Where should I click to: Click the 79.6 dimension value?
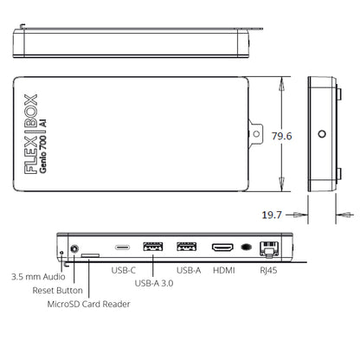point(281,136)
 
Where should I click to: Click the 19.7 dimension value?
point(272,215)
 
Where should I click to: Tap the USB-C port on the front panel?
point(122,247)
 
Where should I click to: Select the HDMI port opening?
point(222,247)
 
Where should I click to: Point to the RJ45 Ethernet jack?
point(269,248)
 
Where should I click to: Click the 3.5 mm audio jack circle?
point(74,248)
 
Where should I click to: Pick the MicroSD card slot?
point(90,255)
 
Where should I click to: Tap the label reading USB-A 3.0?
point(154,283)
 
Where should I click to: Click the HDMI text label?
point(224,270)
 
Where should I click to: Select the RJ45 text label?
point(268,270)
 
